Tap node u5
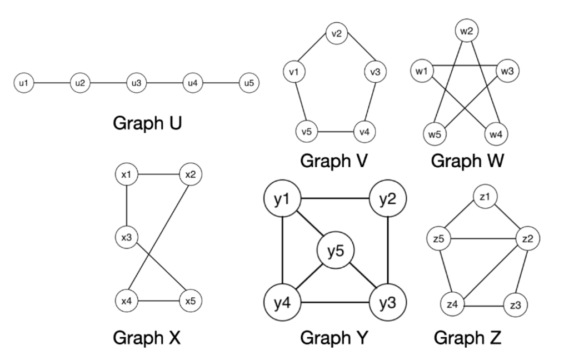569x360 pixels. pos(248,83)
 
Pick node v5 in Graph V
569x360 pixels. pos(306,133)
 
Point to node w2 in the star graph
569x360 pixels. pos(466,31)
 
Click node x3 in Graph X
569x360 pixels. pos(127,238)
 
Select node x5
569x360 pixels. pos(191,302)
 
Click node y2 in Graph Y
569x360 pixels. pos(388,199)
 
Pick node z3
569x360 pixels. pos(515,305)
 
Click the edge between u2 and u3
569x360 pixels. pos(107,83)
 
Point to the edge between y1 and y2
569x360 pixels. pos(336,199)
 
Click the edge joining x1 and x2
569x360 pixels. pos(159,175)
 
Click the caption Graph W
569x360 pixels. pos(467,161)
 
